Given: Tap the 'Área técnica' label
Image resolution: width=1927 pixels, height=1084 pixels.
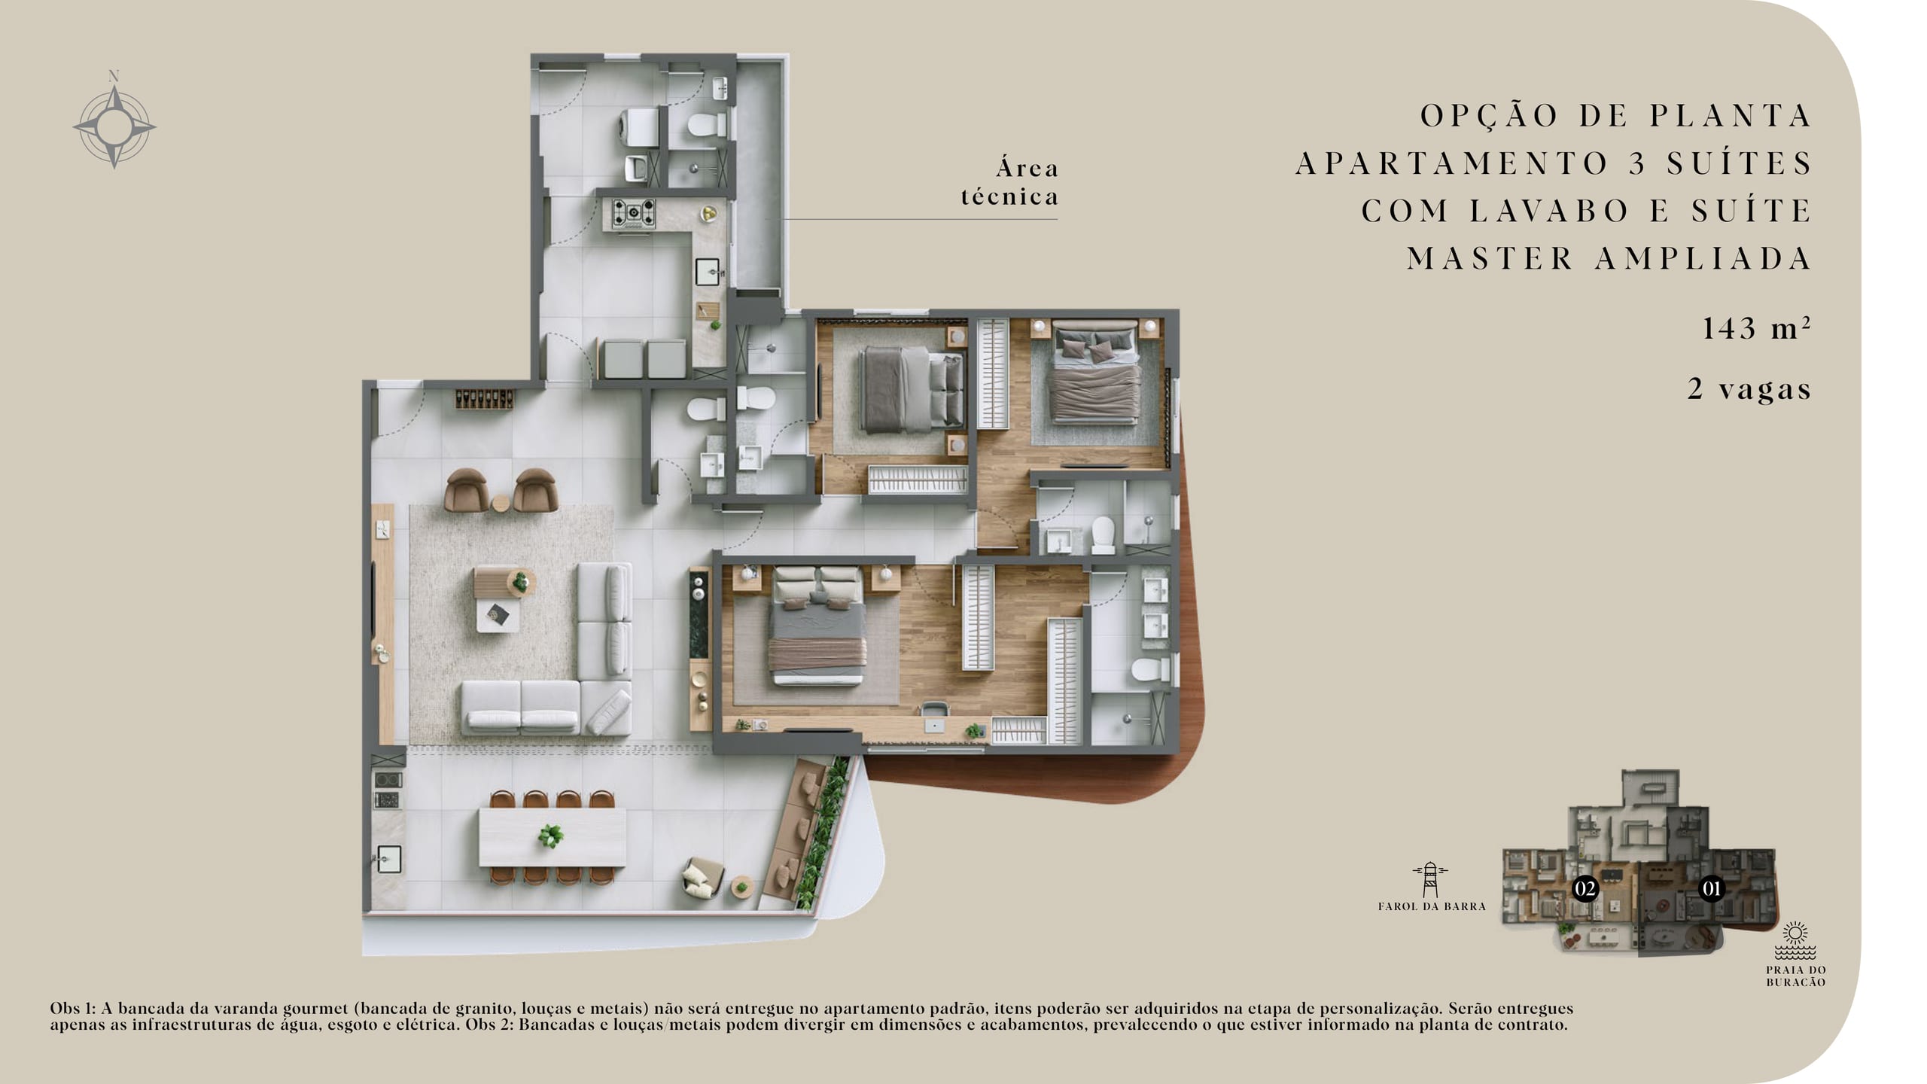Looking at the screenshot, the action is (1009, 182).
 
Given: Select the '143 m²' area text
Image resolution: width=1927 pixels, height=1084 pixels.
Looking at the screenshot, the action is (1756, 328).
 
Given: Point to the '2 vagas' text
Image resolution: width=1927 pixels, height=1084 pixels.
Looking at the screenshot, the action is (1749, 388).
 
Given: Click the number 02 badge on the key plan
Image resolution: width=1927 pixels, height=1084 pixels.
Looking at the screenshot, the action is (1585, 889).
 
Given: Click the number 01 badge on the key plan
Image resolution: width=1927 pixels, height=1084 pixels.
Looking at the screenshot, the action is (1711, 889).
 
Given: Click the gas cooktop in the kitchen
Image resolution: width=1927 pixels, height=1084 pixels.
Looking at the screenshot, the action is (633, 213).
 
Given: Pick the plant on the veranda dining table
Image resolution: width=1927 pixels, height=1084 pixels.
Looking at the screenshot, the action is (551, 836).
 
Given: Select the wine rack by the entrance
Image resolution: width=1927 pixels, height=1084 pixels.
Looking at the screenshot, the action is (485, 399).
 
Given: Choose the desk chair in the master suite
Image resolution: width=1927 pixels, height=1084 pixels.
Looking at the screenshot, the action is (934, 712).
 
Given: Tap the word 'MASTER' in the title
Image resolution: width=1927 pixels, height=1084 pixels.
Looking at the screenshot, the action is (1490, 258).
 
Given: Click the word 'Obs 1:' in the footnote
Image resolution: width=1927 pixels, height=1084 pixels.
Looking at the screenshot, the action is (73, 1008).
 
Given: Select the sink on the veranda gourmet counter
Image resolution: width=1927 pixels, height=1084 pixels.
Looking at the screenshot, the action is (388, 859).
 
